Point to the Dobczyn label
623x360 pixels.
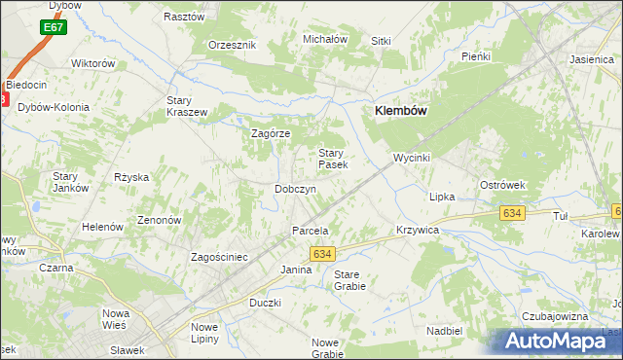pos(295,189)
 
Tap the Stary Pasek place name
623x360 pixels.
pos(333,159)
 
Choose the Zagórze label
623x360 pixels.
pos(272,133)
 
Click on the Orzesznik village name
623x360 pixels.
pos(232,45)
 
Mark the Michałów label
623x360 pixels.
pos(325,39)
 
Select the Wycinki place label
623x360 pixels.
pos(412,157)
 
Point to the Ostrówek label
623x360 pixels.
pos(502,184)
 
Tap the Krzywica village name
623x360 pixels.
pos(419,230)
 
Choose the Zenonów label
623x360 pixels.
pos(160,220)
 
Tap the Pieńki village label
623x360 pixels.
pos(475,56)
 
